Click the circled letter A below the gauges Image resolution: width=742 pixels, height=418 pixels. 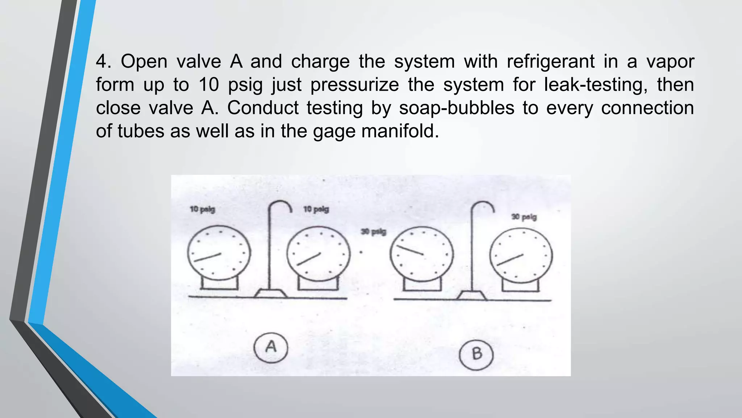(x=271, y=348)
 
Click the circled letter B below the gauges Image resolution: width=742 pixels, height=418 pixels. (x=476, y=353)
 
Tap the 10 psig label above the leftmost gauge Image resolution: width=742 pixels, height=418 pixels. (x=202, y=209)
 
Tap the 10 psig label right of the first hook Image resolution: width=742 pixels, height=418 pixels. (x=316, y=209)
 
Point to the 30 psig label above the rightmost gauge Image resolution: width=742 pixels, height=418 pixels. (x=524, y=217)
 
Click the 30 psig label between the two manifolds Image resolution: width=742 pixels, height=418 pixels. (x=374, y=231)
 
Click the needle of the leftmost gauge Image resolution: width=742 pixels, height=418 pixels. (x=207, y=257)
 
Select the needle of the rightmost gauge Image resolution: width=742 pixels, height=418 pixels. (x=510, y=260)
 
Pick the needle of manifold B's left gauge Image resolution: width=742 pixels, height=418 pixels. (x=410, y=250)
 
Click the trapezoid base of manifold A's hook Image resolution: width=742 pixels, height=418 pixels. (x=270, y=293)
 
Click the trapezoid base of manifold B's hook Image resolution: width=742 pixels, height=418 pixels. (x=471, y=295)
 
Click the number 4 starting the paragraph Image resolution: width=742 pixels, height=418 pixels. (x=103, y=61)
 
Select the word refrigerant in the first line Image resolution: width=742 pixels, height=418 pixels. (x=550, y=61)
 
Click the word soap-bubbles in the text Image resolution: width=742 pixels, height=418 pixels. (x=457, y=108)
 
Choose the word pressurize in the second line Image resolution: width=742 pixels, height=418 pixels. (x=355, y=85)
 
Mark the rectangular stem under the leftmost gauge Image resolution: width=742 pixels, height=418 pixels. (x=219, y=283)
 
